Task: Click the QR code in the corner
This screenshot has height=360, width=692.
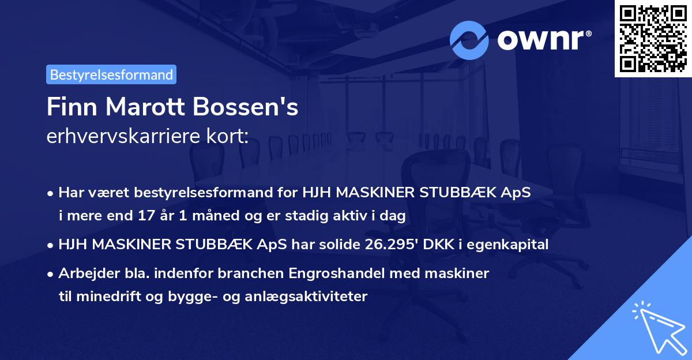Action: pyautogui.click(x=653, y=38)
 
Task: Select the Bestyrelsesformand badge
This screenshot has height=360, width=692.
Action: pyautogui.click(x=111, y=74)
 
